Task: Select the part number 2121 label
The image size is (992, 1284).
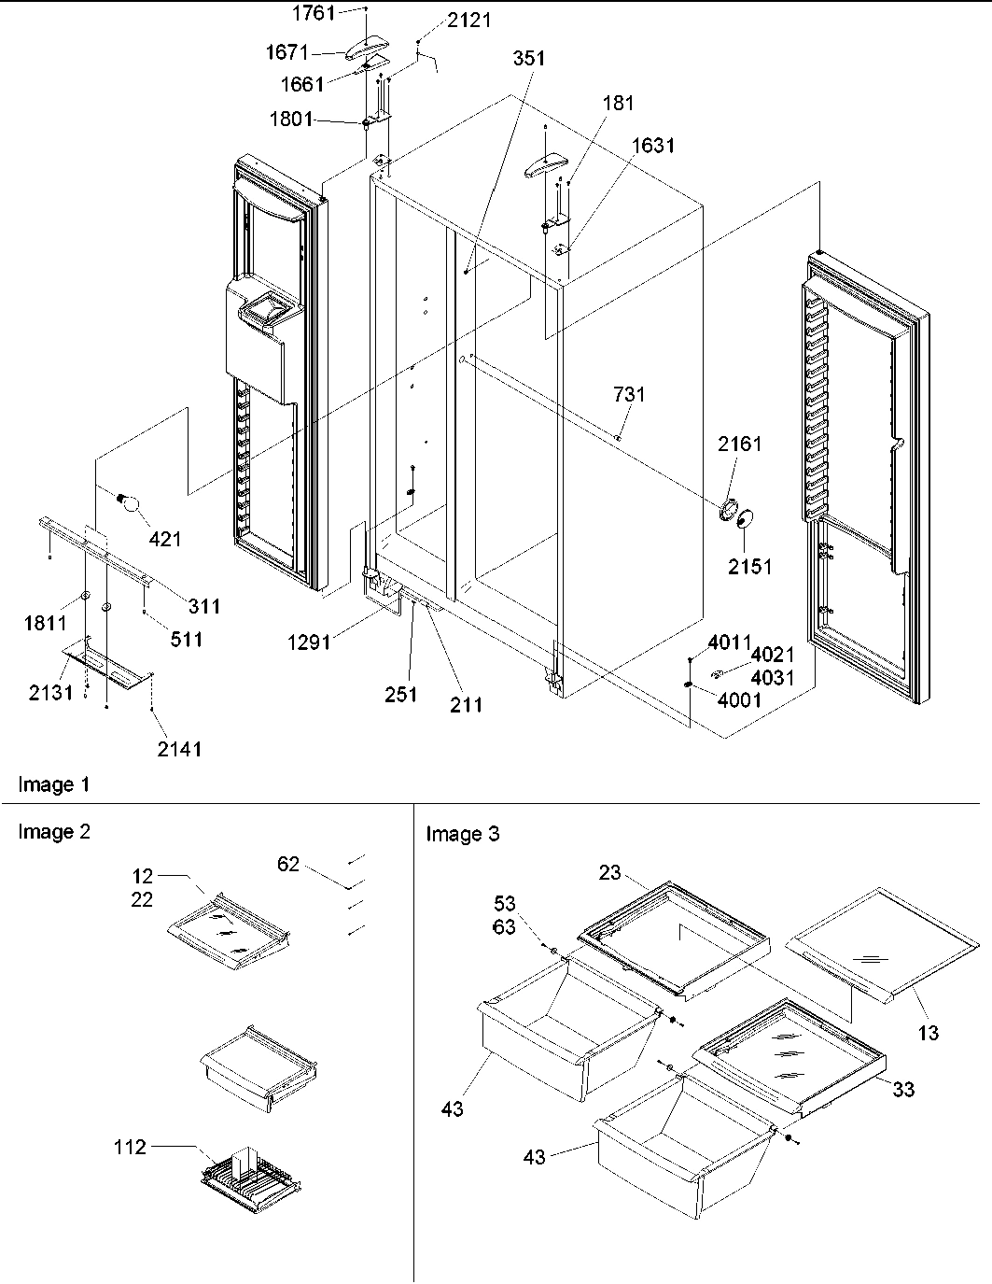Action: (x=468, y=21)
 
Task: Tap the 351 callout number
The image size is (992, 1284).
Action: (x=529, y=58)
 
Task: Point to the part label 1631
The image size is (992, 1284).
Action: (x=653, y=146)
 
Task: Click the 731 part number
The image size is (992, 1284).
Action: (x=629, y=394)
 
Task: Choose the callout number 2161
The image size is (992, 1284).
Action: (x=739, y=444)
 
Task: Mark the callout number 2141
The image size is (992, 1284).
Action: (x=179, y=748)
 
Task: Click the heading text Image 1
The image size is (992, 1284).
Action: (x=55, y=784)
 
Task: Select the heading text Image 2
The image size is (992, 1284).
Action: (x=55, y=831)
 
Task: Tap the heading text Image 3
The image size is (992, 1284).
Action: (x=463, y=834)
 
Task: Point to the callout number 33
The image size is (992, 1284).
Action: (x=902, y=1089)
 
